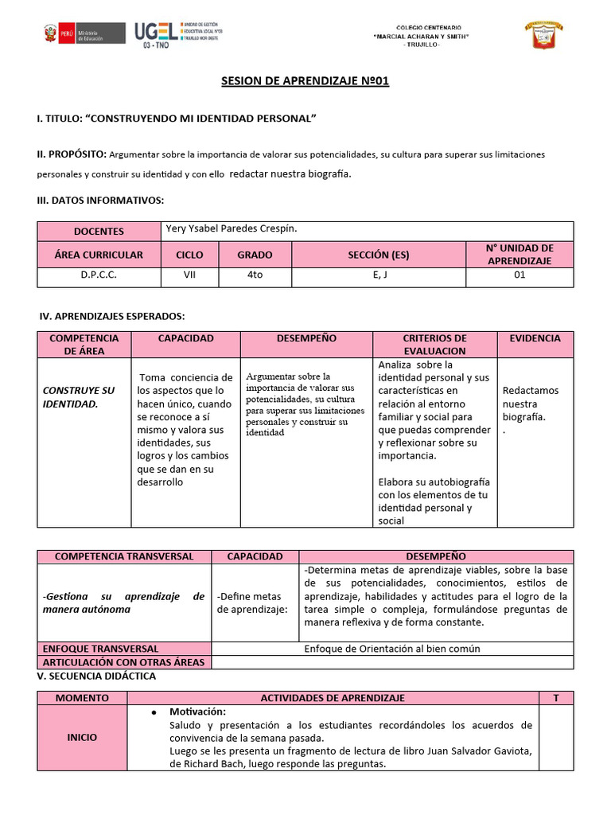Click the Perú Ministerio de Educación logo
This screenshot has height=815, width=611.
point(83,33)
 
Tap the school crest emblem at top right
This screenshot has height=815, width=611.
point(543,35)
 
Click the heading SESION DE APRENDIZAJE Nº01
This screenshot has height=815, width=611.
point(305,81)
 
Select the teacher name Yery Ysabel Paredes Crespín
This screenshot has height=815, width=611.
point(231,229)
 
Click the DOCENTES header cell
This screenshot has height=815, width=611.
point(99,231)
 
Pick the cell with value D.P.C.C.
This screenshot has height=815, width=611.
point(99,276)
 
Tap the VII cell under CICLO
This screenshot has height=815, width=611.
point(189,276)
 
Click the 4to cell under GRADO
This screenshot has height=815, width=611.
point(255,276)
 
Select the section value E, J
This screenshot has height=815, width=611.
point(379,276)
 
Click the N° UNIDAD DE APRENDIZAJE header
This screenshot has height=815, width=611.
point(519,255)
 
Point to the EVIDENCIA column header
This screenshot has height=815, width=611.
point(535,339)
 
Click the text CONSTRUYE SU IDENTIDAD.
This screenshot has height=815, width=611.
point(78,397)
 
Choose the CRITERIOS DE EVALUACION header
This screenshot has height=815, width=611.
point(434,344)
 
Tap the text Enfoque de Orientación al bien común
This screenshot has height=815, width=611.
point(392,648)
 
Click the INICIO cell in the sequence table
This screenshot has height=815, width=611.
point(82,737)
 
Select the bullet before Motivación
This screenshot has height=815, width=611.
point(152,712)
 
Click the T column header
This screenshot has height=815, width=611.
point(556,697)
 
